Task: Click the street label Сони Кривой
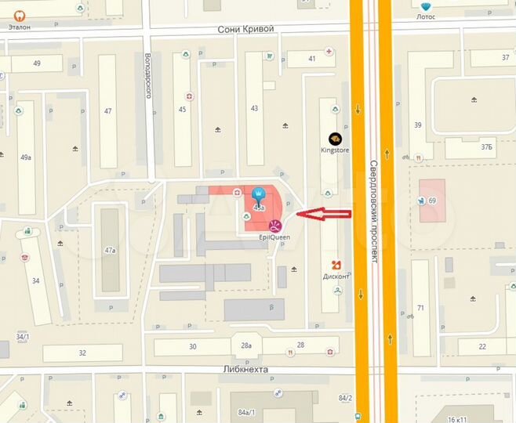coord(246,29)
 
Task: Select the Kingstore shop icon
coord(335,138)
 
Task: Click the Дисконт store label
coord(336,275)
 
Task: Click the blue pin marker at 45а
coord(258,193)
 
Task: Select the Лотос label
coord(426,16)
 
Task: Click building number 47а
coord(110,251)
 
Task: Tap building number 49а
coord(26,157)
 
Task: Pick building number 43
coord(253,108)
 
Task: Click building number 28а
coord(246,345)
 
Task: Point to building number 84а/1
coord(246,412)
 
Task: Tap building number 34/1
coord(21,337)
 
